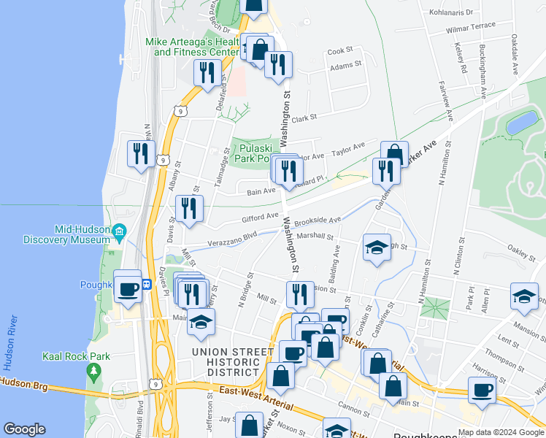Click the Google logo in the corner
coord(24,429)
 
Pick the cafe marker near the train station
coord(128,288)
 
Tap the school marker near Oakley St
coord(524,296)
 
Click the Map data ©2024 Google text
coord(500,431)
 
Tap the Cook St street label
coord(339,51)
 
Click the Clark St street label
coord(304,118)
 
